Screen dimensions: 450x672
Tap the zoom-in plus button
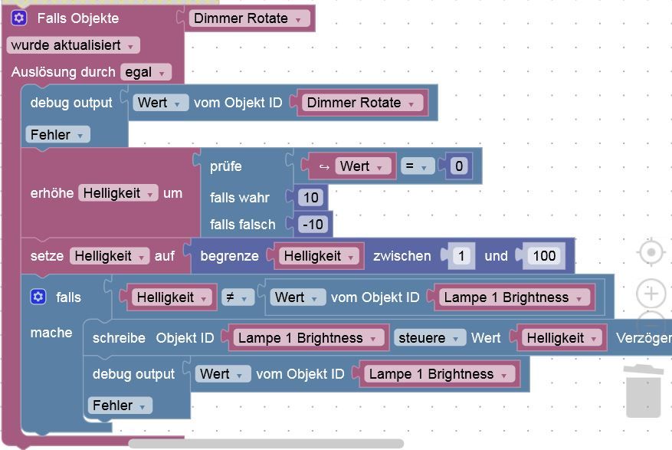pos(651,293)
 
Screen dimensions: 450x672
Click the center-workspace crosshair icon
pos(651,252)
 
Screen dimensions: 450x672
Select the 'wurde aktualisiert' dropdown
pos(74,45)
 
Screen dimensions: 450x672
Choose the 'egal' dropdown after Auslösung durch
pos(145,72)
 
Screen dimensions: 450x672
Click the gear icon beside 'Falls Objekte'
pos(19,18)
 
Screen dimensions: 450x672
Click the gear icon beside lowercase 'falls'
pos(38,297)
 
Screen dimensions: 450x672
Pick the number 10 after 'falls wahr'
pos(310,198)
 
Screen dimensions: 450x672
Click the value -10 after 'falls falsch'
pos(312,224)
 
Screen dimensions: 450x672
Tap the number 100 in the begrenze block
pos(544,256)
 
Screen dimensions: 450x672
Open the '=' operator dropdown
pos(417,166)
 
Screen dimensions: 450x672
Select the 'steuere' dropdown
pos(430,337)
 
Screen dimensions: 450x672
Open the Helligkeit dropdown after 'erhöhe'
pos(118,193)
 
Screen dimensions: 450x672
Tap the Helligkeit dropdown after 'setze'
pos(109,256)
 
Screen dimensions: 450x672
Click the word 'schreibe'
pos(119,337)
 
